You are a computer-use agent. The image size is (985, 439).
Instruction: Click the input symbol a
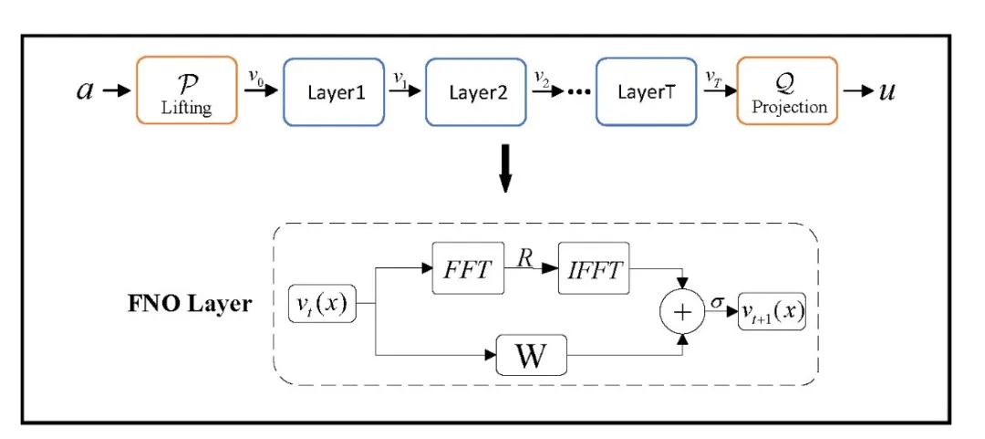coord(85,91)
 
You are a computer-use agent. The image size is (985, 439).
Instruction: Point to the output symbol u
coord(886,92)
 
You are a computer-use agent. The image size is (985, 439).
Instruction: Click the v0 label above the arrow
coord(255,77)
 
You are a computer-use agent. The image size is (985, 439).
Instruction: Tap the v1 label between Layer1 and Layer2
coord(399,78)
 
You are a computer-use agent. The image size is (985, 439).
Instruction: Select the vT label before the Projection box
coord(713,78)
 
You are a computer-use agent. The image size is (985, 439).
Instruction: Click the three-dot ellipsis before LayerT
coord(579,92)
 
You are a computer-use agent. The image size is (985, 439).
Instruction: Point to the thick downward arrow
coord(505,170)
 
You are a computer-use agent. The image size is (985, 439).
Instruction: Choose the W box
coord(532,355)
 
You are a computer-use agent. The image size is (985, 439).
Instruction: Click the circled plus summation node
coord(682,312)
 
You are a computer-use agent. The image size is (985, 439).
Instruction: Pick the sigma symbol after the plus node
coord(718,303)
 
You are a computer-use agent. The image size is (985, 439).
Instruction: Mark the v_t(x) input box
coord(322,304)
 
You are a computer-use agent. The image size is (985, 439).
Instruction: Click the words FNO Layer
coord(190,305)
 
